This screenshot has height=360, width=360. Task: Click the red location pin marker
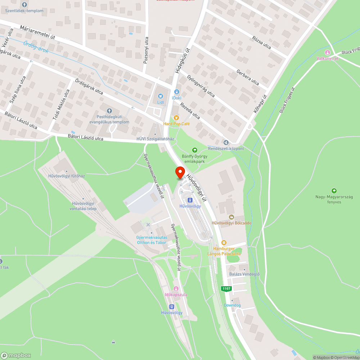[x=180, y=172]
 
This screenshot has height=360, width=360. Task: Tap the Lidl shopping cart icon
[x=161, y=96]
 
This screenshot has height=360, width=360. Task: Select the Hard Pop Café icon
[x=176, y=117]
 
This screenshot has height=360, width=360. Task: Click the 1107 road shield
[x=226, y=288]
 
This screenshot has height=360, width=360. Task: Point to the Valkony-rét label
[x=327, y=58]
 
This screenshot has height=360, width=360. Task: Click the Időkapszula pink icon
[x=176, y=289]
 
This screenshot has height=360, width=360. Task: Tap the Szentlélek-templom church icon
[x=24, y=5]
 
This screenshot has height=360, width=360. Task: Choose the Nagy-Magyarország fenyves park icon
[x=334, y=191]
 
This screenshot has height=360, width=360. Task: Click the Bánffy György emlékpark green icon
[x=195, y=150]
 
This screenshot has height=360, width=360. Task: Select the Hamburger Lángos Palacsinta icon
[x=224, y=243]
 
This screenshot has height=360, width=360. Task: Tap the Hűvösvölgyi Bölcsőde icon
[x=231, y=217]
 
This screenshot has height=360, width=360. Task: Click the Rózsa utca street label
[x=261, y=42]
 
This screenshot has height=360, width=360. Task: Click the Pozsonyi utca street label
[x=146, y=50]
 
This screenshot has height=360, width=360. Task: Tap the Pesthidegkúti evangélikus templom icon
[x=110, y=111]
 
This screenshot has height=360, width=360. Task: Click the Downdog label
[x=232, y=305]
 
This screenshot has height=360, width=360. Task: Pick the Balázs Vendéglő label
[x=244, y=274]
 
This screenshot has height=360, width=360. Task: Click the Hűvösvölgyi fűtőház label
[x=67, y=176]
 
